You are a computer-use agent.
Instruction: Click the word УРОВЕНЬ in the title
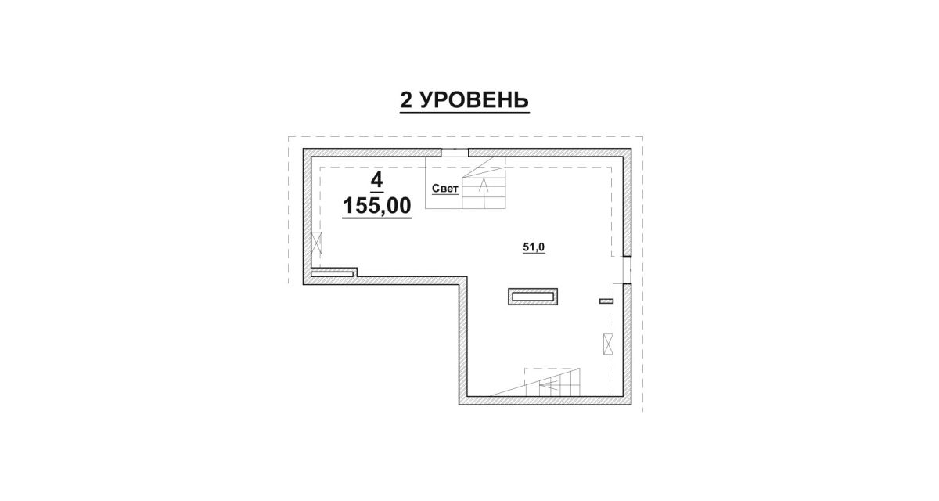[474, 99]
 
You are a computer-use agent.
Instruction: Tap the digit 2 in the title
[406, 99]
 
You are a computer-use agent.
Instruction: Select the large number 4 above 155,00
[377, 179]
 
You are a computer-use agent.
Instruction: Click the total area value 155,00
[377, 206]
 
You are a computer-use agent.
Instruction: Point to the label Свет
[445, 189]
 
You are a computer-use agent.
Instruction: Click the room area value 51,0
[534, 247]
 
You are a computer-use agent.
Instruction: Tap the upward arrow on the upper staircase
[484, 193]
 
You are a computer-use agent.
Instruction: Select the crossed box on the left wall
[316, 243]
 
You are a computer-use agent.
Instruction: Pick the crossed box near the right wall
[608, 344]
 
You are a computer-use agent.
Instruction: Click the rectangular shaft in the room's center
[533, 297]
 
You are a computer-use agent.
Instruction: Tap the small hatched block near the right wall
[606, 301]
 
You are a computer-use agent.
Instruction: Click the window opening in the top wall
[455, 153]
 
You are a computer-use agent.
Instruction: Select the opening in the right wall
[627, 269]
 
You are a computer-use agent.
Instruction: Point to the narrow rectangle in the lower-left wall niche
[332, 274]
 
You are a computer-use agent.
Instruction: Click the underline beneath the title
[465, 112]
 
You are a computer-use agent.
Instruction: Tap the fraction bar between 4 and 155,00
[377, 192]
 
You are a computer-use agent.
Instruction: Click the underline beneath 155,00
[377, 218]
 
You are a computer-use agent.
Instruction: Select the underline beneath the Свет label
[445, 195]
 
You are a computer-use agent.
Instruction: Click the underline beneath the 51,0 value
[534, 254]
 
